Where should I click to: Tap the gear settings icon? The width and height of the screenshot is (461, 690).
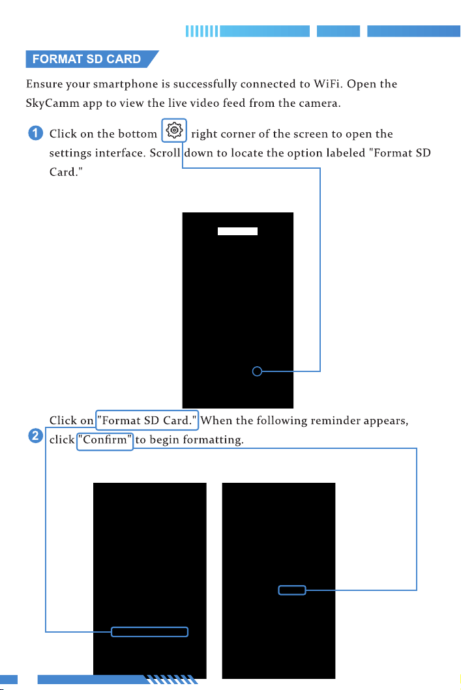coord(174,130)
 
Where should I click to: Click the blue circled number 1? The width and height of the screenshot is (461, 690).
coord(36,133)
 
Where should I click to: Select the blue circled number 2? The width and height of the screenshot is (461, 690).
coord(36,436)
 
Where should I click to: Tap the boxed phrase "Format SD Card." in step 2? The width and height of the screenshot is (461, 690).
coord(147,420)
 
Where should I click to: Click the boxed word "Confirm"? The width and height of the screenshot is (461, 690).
coord(105,440)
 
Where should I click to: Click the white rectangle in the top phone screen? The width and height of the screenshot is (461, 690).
coord(237,231)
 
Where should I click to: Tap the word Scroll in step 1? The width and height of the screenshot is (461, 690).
coord(165,152)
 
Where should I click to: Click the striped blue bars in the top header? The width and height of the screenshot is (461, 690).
coord(201,31)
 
